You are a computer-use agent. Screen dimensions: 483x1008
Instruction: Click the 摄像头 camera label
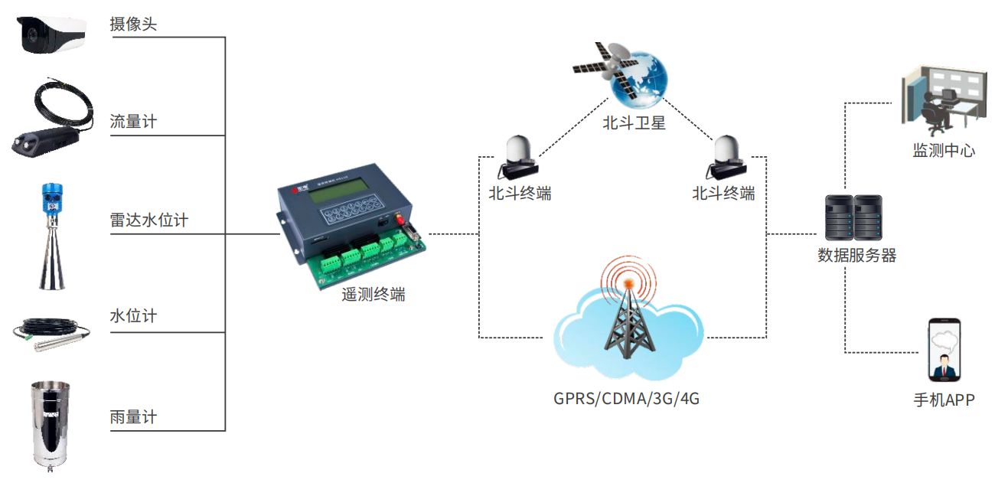click(x=133, y=24)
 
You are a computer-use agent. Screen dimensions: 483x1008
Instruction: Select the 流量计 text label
click(x=133, y=122)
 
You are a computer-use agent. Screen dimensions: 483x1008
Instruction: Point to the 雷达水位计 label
click(x=149, y=220)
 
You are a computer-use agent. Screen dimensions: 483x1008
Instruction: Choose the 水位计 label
click(x=133, y=316)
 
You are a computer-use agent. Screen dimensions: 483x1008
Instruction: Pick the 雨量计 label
click(x=133, y=417)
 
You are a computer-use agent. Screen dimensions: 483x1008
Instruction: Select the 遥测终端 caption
click(x=374, y=294)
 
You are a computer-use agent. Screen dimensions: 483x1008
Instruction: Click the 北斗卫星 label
click(x=634, y=122)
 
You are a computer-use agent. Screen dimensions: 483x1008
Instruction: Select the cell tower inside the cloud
click(x=628, y=321)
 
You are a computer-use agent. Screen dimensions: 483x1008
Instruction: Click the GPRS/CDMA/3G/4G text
click(x=626, y=399)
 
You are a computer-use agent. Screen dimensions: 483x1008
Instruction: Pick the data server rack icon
click(x=853, y=219)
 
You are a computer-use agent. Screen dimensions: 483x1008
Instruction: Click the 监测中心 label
click(x=944, y=150)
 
